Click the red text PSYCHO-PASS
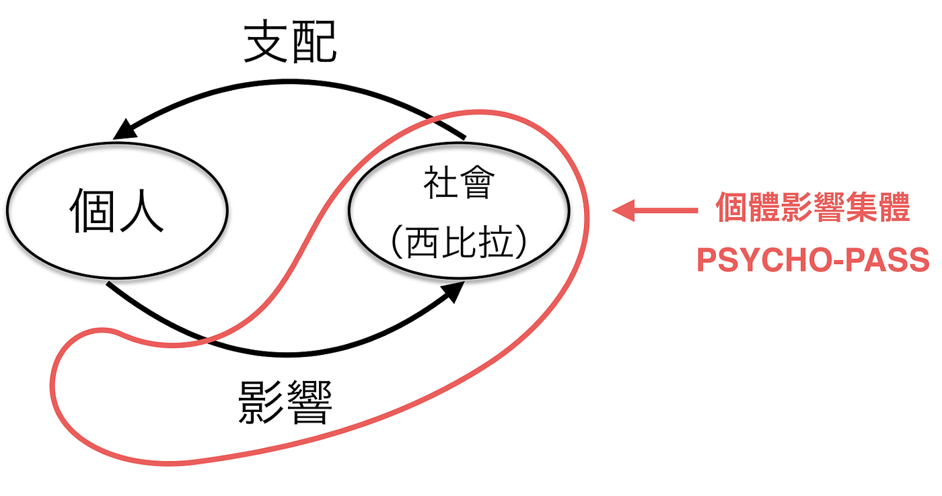[x=813, y=259]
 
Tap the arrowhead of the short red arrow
[x=620, y=211]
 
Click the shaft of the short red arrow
[x=666, y=211]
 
